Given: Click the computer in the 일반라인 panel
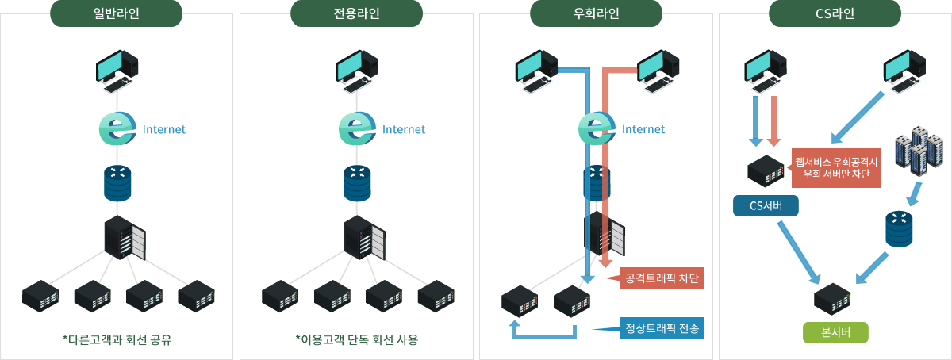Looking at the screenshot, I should coord(117,68).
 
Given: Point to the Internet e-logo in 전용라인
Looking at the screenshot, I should coord(357,128).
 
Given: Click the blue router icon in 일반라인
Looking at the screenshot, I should coord(117,183).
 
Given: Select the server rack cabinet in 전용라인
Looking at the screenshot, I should coord(364,238).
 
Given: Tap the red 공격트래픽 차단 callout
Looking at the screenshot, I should coord(658,279).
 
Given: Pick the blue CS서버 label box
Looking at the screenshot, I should coord(766,206).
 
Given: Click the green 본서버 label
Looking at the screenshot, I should coord(835,332).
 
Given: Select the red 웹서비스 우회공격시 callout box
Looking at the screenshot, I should coord(836,167).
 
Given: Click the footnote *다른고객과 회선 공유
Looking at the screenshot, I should coord(117,340).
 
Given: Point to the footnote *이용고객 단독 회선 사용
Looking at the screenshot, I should coord(356,340).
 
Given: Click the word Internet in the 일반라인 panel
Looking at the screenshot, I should coord(163,129).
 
